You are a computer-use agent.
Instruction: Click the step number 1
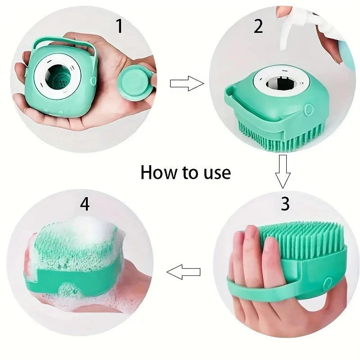tap(119, 27)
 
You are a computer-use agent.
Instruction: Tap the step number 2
tap(258, 27)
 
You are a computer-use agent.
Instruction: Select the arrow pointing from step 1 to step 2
tap(186, 83)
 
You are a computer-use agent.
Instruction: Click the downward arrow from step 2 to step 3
tap(283, 171)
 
